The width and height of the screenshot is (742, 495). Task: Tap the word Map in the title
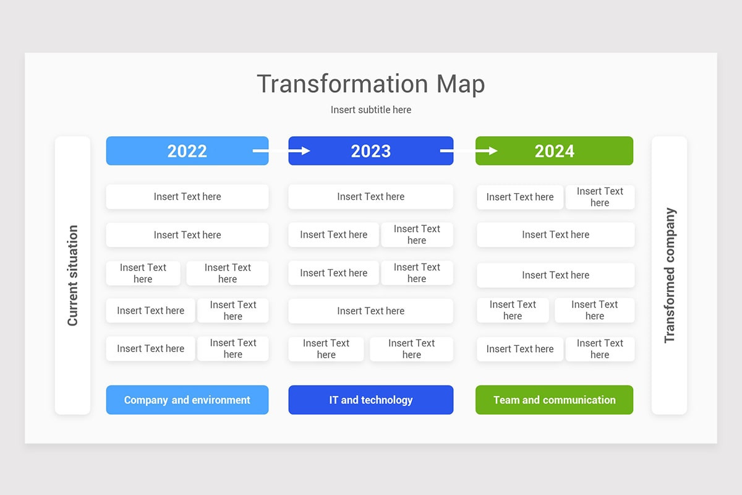coord(461,84)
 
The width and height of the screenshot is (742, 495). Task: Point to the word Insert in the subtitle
coord(343,110)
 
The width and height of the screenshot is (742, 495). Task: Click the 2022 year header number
coord(187,151)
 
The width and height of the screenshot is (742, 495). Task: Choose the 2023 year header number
coord(370,151)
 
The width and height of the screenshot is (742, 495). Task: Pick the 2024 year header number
coord(554,151)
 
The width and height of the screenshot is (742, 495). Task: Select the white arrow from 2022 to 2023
coord(281,150)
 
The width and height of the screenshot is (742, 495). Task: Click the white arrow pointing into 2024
coord(469,150)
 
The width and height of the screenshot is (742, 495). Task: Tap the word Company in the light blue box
coord(146,400)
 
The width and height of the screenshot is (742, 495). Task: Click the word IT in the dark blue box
coord(334,400)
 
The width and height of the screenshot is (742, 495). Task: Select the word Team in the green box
coord(506,400)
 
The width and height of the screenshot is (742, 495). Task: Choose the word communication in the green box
coord(579,400)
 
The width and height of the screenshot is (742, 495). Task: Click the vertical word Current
coord(73,303)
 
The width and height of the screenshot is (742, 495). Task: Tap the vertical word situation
coord(73,252)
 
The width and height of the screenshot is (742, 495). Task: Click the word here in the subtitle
coord(402,110)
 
